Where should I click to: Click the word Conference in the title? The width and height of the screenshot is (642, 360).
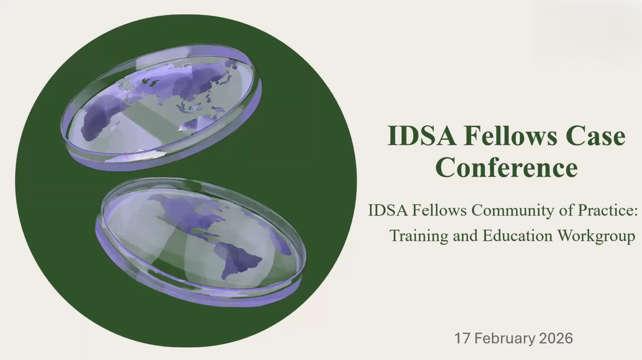click(507, 167)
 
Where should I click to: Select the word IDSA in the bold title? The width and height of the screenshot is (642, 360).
click(422, 136)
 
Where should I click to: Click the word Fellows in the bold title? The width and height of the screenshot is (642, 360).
click(510, 136)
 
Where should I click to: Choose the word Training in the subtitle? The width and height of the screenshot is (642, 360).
click(419, 236)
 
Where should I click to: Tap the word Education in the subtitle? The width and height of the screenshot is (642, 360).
click(517, 236)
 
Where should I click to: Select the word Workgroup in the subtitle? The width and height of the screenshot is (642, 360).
click(596, 236)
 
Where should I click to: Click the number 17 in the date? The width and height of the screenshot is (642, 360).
click(462, 338)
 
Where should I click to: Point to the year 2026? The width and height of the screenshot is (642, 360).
click(556, 338)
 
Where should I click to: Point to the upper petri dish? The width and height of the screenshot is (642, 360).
click(161, 107)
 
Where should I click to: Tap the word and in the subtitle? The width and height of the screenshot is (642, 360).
click(465, 236)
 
